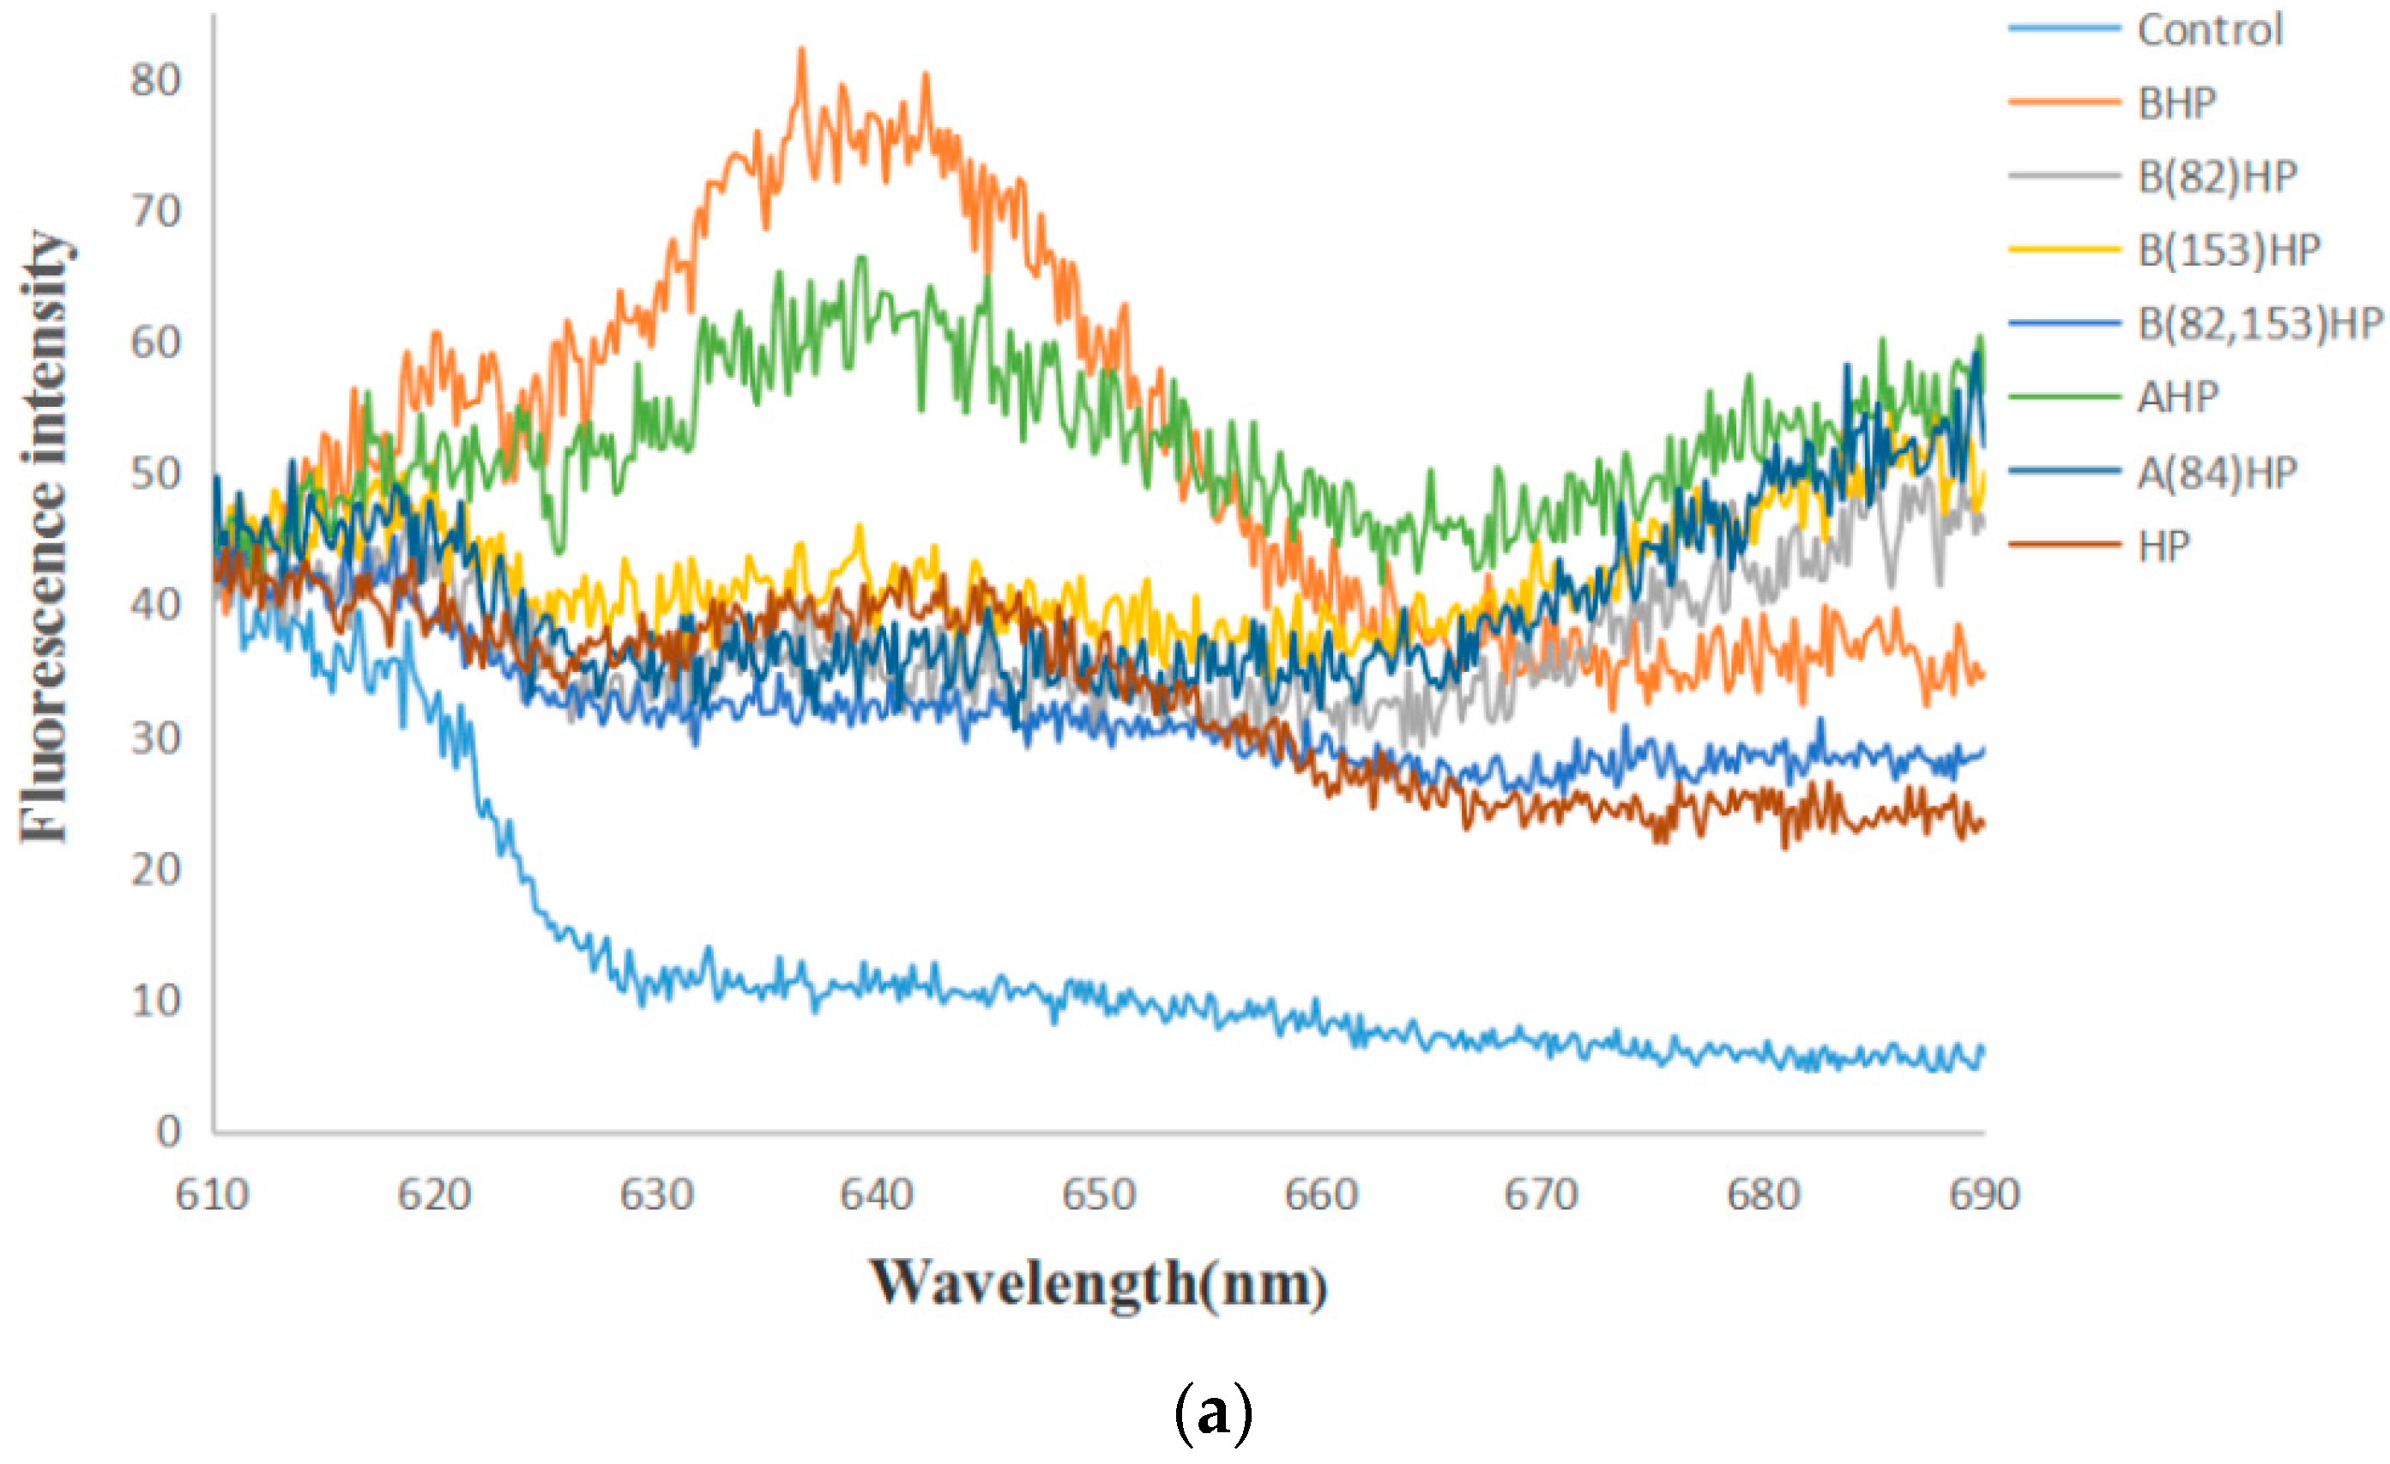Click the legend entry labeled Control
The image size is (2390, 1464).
point(2209,30)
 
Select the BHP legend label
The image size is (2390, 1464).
point(2176,103)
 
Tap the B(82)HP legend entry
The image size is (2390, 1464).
point(2217,177)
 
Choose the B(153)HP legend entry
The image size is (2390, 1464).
point(2228,251)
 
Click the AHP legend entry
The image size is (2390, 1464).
point(2177,396)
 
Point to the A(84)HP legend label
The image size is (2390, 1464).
point(2217,473)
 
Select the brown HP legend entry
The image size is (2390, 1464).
point(2163,546)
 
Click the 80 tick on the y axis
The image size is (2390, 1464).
point(155,81)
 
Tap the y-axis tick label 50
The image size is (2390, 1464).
point(155,475)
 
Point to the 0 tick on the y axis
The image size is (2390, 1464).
point(168,1131)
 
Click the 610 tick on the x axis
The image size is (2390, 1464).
point(213,1195)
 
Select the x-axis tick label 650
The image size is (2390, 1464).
point(1098,1195)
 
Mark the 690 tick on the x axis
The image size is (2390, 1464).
point(1983,1195)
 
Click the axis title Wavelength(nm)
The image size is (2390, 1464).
point(1098,1284)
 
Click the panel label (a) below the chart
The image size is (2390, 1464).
point(1212,1413)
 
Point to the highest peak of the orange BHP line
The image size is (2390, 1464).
point(801,51)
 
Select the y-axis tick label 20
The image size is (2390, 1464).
point(155,869)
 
